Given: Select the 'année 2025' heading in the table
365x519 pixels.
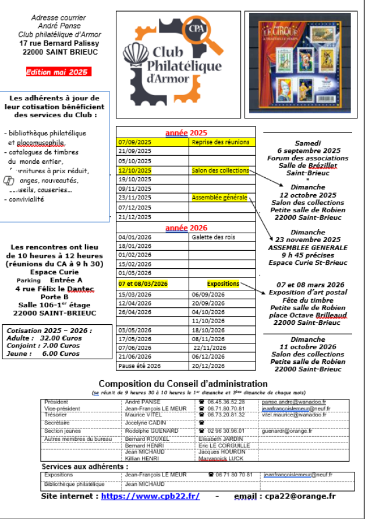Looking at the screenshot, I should coord(186,132).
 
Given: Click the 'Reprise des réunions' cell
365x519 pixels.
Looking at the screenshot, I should coord(221,142).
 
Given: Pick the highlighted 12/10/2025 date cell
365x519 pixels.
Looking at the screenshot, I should coord(134,170).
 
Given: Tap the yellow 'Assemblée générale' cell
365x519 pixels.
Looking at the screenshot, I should coord(219,198).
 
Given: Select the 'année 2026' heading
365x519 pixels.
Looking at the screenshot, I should coord(186,227).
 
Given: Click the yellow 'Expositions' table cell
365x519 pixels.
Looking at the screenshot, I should coord(223,283).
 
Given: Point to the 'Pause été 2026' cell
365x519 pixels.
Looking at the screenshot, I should coord(139,367).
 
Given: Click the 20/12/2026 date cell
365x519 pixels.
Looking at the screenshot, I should coord(208,367).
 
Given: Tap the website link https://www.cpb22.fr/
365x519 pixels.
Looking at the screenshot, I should coord(150,496).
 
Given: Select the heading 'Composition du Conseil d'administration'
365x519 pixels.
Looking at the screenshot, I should coord(183,384).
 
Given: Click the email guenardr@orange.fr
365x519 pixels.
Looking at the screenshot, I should coord(287,431).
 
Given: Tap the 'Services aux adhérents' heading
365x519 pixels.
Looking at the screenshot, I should coord(85,467).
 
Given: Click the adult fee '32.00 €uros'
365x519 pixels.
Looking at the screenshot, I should coord(59,338).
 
